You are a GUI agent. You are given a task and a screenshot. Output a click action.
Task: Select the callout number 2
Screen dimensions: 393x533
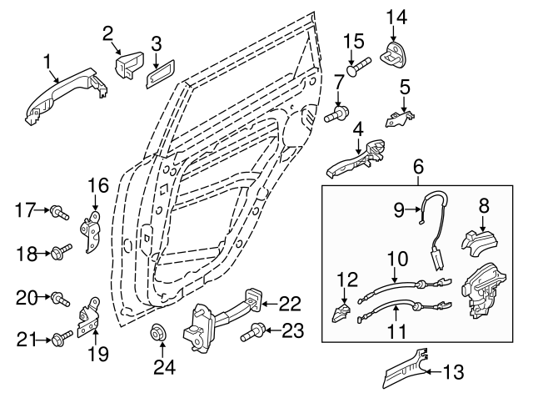(107, 33)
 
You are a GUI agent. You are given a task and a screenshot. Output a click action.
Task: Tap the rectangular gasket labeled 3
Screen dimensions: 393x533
(159, 72)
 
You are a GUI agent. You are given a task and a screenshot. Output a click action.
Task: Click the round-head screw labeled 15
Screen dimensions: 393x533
(355, 69)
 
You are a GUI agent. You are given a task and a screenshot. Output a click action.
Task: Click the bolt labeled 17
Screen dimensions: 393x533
(60, 213)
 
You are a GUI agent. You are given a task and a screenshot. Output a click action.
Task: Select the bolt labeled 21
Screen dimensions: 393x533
(61, 338)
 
